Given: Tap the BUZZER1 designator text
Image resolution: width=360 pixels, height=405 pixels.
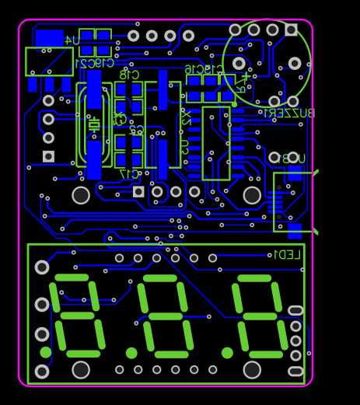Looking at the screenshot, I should pyautogui.click(x=288, y=113).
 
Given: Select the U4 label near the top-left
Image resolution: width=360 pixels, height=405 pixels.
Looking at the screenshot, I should pyautogui.click(x=71, y=40).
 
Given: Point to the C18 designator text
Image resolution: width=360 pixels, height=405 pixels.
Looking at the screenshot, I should pyautogui.click(x=129, y=75).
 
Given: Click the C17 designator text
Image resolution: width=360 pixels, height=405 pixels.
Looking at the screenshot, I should pyautogui.click(x=130, y=173).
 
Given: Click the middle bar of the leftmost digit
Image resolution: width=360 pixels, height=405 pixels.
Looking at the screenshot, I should pyautogui.click(x=77, y=316).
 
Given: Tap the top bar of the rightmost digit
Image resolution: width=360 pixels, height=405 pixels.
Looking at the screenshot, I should pyautogui.click(x=254, y=278).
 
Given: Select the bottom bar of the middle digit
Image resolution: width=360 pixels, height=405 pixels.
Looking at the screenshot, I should pyautogui.click(x=165, y=354).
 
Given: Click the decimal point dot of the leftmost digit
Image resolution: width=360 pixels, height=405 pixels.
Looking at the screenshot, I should pyautogui.click(x=46, y=352).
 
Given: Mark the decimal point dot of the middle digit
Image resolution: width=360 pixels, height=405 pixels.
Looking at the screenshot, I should pyautogui.click(x=131, y=353).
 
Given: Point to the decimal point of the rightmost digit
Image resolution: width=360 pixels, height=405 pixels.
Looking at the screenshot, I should pyautogui.click(x=227, y=353).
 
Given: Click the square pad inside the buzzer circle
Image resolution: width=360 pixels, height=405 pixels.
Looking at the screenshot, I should pyautogui.click(x=291, y=30).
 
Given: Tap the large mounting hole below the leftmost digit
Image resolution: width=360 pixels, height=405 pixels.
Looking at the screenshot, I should pyautogui.click(x=81, y=369).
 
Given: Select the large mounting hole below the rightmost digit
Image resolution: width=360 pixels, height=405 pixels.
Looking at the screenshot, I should pyautogui.click(x=252, y=369).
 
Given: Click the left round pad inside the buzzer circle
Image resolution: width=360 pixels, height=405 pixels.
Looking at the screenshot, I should pyautogui.click(x=239, y=63).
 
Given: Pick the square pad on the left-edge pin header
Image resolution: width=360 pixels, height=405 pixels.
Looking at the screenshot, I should pyautogui.click(x=48, y=156).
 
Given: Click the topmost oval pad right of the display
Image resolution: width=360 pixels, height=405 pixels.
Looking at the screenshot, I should pyautogui.click(x=295, y=310).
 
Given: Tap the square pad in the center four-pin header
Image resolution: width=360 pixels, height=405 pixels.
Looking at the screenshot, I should pyautogui.click(x=138, y=191).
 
